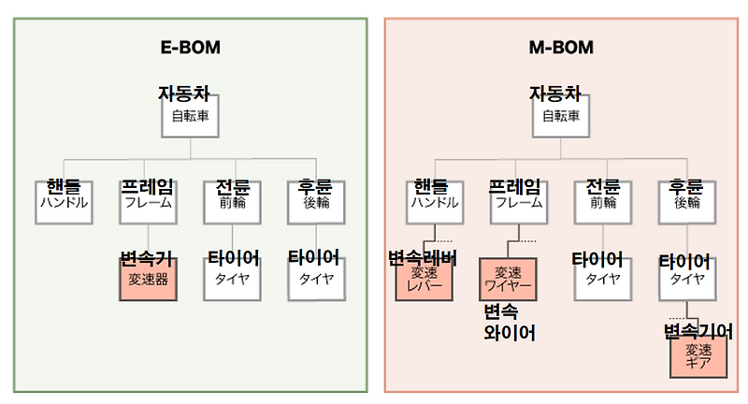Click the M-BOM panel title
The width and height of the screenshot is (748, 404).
(562, 48)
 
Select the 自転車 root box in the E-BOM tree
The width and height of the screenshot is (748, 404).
(191, 118)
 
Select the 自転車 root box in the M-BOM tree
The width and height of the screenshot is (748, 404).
(562, 118)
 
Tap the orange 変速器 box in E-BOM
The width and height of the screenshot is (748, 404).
(149, 280)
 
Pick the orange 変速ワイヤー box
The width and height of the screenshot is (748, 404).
(507, 279)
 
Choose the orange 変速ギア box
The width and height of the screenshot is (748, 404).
(698, 356)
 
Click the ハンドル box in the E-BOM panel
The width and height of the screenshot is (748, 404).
(64, 202)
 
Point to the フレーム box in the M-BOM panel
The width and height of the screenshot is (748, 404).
(519, 202)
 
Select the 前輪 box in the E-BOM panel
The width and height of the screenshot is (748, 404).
(231, 202)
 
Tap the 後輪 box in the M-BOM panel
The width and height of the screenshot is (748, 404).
(686, 202)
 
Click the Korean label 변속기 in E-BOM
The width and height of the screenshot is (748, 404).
(147, 256)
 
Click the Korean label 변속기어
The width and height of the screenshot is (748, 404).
(698, 331)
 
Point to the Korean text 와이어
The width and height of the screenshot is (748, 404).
(510, 332)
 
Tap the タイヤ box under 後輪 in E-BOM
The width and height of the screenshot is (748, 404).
(316, 279)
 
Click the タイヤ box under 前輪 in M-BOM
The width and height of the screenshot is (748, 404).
(602, 279)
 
